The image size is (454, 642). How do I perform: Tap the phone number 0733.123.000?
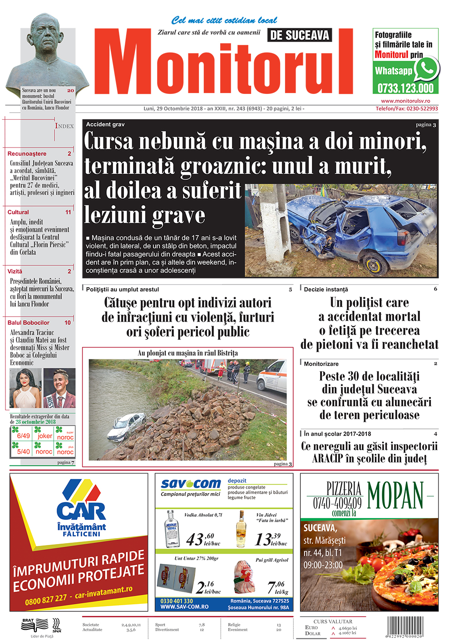(405, 88)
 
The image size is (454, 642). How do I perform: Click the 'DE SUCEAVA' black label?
(300, 35)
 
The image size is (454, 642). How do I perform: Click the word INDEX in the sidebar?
(64, 126)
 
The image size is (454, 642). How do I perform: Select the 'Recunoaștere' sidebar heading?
(27, 154)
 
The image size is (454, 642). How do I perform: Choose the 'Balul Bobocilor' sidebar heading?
(29, 323)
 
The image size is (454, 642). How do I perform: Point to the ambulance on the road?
(272, 375)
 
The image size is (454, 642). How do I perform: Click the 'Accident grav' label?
(105, 124)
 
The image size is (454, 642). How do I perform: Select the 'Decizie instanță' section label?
(326, 289)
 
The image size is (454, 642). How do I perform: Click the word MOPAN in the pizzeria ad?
(395, 495)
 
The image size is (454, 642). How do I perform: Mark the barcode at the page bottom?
(405, 627)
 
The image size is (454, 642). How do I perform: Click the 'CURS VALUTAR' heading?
(333, 622)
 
